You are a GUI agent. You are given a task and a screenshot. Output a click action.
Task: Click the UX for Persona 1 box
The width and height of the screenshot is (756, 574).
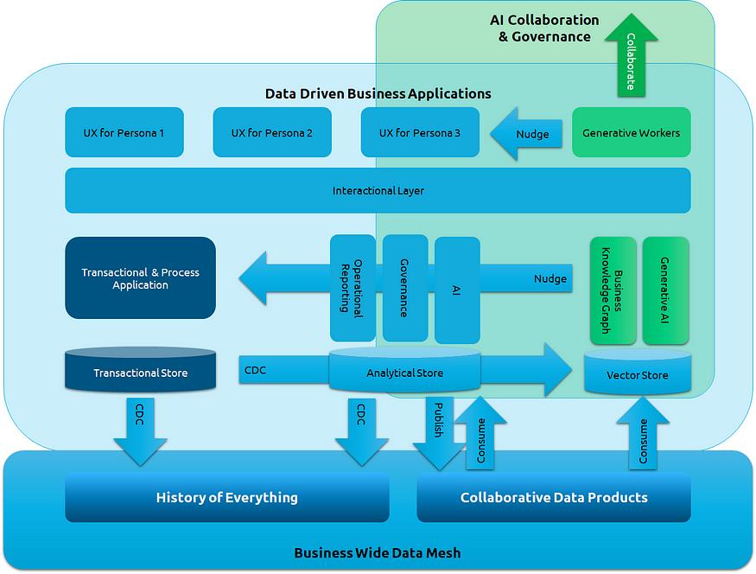[x=124, y=132]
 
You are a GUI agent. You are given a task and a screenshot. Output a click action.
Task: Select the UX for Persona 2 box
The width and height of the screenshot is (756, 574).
[x=271, y=132]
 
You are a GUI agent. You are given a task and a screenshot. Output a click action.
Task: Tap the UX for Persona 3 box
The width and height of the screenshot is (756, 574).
[x=419, y=132]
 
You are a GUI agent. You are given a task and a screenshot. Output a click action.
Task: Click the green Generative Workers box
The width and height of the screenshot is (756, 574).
[x=631, y=132]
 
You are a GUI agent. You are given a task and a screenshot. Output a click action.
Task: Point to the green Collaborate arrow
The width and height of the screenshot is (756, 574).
[x=631, y=56]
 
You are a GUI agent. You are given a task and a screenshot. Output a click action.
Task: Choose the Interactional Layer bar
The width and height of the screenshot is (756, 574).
[x=378, y=190]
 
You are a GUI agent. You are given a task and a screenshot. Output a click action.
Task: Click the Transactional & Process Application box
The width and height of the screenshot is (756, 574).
[x=140, y=278]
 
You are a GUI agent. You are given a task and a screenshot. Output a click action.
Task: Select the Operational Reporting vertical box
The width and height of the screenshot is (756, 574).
[x=353, y=287]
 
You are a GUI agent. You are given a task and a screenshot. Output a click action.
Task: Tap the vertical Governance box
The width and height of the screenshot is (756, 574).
[x=405, y=287]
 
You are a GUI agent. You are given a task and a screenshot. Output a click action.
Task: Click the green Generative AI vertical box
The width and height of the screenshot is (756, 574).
[x=665, y=290]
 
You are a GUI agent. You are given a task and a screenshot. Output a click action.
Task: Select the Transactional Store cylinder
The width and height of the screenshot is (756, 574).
[x=140, y=372]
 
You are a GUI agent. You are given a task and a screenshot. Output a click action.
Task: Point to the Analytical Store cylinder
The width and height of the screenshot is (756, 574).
[x=404, y=372]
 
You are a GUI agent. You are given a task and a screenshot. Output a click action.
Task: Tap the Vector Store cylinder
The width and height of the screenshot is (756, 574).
[x=637, y=374]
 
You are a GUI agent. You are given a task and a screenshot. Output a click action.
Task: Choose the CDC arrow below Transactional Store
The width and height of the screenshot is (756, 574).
[x=140, y=428]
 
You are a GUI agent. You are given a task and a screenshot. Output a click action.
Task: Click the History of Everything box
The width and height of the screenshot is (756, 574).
[x=226, y=497]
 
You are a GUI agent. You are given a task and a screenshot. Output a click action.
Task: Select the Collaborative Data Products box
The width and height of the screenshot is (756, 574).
[x=554, y=497]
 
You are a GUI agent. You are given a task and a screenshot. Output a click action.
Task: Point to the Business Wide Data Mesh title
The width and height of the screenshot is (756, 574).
[x=378, y=552]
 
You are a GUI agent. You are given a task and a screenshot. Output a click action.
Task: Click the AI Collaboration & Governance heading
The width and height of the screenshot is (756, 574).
[x=544, y=28]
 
